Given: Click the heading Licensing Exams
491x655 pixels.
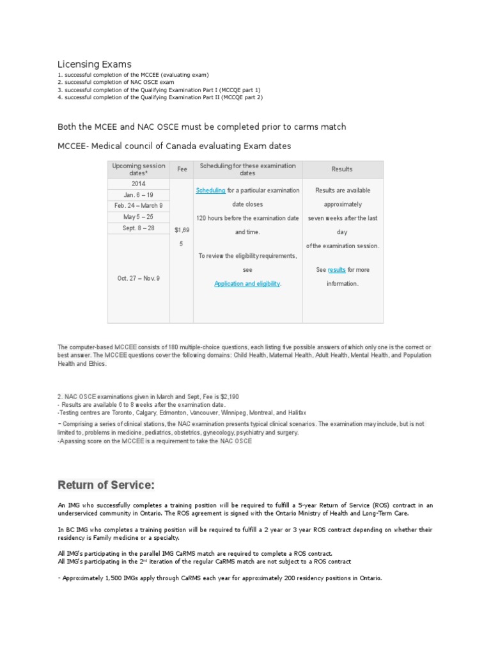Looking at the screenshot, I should tap(95, 64).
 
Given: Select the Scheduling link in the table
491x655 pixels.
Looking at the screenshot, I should tap(210, 191).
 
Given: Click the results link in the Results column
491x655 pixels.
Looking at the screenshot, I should tap(337, 270).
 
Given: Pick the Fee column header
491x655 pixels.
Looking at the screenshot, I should tap(182, 170).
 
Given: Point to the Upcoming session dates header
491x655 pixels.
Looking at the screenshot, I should tap(138, 170).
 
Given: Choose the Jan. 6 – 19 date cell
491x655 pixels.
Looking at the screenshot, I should tap(138, 195).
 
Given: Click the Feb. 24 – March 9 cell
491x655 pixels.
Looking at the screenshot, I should tap(138, 206).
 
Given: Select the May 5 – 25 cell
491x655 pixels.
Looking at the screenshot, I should tap(138, 217).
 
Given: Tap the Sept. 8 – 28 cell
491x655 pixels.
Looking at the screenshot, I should tap(138, 228).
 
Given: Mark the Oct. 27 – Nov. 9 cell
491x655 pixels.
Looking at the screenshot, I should tap(138, 278).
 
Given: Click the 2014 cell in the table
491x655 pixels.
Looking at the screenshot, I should tap(138, 184).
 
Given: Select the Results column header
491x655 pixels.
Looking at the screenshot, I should tap(342, 170).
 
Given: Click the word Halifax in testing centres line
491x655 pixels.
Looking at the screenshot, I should tap(295, 413).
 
